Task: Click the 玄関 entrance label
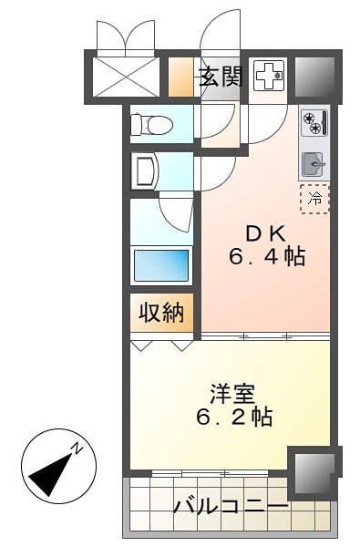pyautogui.click(x=221, y=77)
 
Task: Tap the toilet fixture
pyautogui.click(x=151, y=124)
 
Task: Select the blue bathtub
pyautogui.click(x=161, y=264)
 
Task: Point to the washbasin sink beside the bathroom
pyautogui.click(x=146, y=170)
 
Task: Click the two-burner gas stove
pyautogui.click(x=314, y=122)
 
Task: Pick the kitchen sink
pyautogui.click(x=314, y=164)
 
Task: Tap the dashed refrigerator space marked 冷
pyautogui.click(x=315, y=199)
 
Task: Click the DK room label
pyautogui.click(x=266, y=234)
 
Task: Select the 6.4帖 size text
pyautogui.click(x=267, y=257)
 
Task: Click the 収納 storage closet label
pyautogui.click(x=161, y=312)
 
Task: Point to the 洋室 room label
pyautogui.click(x=232, y=394)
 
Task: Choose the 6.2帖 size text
pyautogui.click(x=234, y=416)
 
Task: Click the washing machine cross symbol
pyautogui.click(x=269, y=76)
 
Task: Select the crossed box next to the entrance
pyautogui.click(x=126, y=77)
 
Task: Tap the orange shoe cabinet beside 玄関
pyautogui.click(x=180, y=77)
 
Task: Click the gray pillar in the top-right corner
pyautogui.click(x=315, y=77)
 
